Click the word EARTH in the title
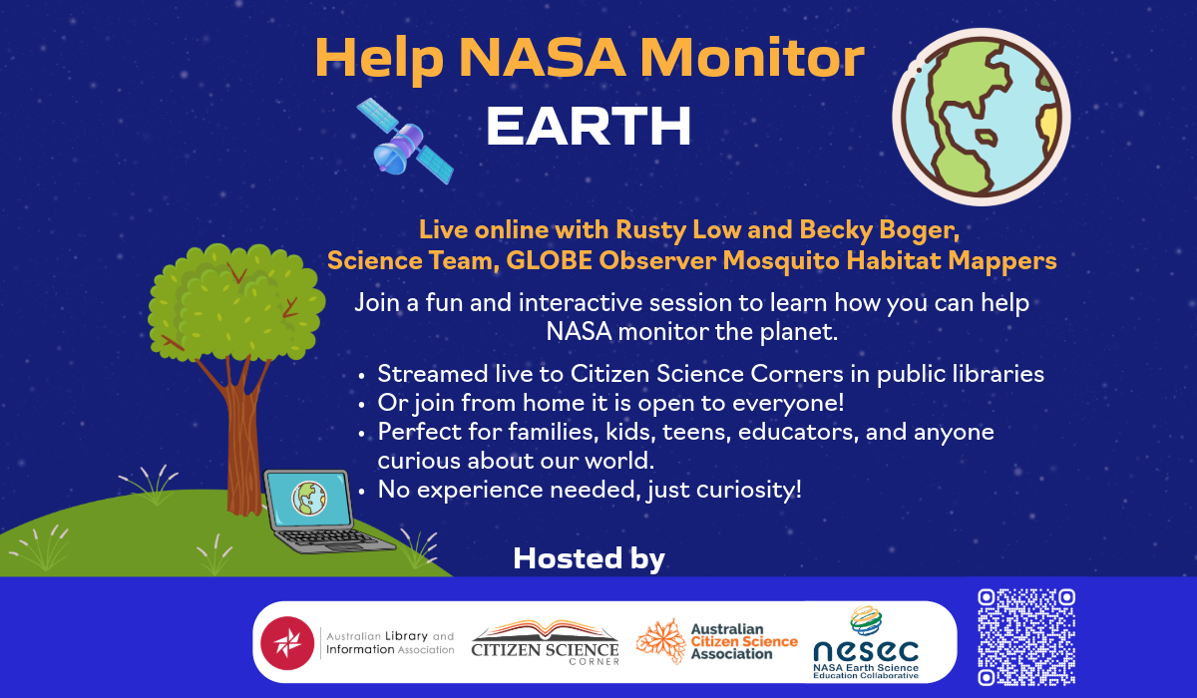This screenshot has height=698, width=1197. point(589,126)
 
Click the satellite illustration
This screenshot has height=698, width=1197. point(405,142)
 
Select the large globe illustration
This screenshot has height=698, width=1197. point(982,117)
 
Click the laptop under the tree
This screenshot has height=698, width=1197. point(323,512)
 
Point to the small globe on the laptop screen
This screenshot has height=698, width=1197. point(309,499)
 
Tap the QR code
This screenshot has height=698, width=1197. point(1026,637)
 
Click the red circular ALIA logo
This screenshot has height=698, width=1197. point(287,643)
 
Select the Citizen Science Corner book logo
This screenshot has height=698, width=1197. point(545,642)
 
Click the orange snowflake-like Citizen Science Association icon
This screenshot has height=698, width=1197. point(661,641)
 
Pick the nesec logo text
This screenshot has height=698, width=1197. point(866,651)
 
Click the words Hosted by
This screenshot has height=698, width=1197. point(589,558)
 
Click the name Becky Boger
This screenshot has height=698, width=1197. point(880,230)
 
